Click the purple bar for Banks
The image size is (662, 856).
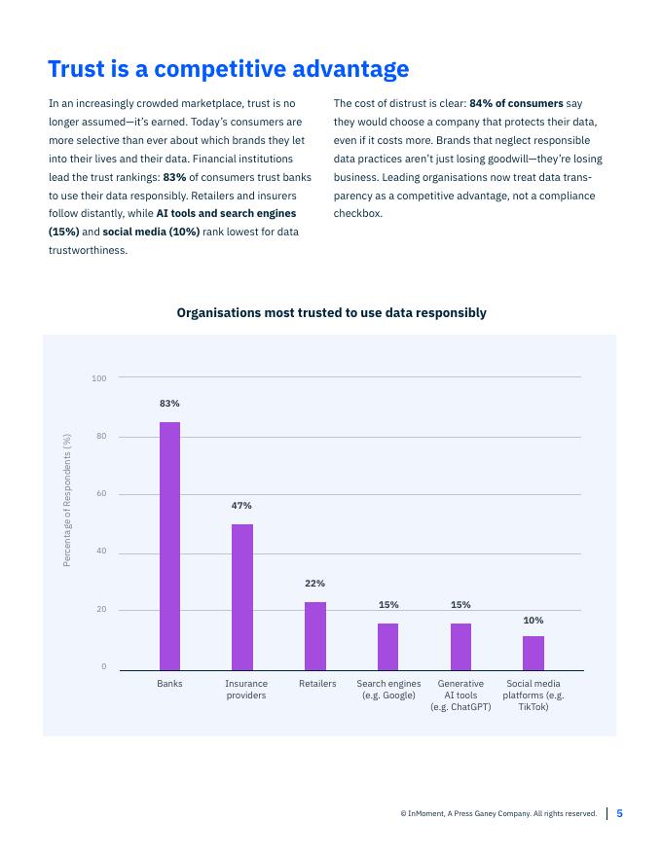[169, 545]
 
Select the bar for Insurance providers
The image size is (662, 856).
[242, 596]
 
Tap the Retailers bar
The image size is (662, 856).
[315, 635]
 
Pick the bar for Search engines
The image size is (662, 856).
[387, 646]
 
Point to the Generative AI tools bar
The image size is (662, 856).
[460, 646]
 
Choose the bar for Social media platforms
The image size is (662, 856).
[533, 652]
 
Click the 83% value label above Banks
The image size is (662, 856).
[169, 403]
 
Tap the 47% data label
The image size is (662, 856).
[241, 506]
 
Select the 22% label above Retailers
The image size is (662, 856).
[314, 584]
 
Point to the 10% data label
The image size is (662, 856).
[533, 620]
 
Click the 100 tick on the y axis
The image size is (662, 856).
[99, 377]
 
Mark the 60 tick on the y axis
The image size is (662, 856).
[101, 494]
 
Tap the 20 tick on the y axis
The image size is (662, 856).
[101, 610]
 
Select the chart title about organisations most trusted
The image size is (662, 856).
[331, 313]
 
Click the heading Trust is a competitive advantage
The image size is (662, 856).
[229, 70]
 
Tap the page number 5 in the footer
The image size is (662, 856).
[619, 814]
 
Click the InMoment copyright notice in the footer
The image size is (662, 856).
[498, 814]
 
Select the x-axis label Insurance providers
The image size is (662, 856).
[246, 690]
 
